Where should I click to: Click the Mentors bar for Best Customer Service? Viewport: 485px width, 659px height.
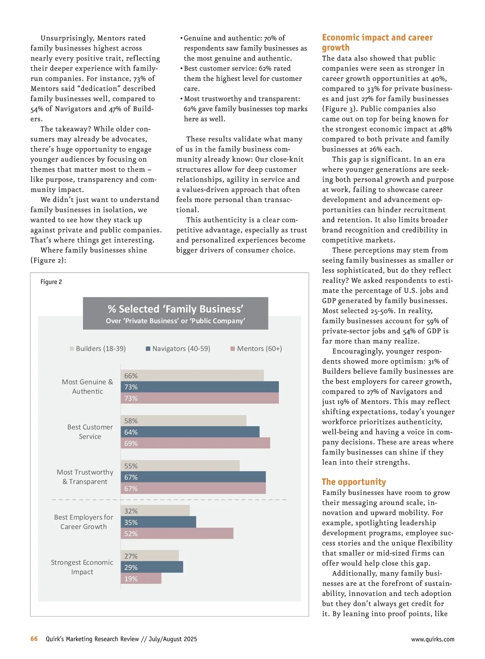[x=195, y=443]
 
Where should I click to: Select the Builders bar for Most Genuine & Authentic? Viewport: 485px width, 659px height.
[x=192, y=375]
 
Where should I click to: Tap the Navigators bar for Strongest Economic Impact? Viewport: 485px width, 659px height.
[x=152, y=567]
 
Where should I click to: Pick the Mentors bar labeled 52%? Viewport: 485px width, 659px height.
[x=177, y=533]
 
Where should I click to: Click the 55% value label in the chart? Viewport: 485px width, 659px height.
[x=131, y=466]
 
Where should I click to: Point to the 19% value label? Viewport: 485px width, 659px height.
[x=131, y=579]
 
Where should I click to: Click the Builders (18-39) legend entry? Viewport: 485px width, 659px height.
[x=98, y=348]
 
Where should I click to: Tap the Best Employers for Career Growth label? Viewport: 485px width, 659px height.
[x=84, y=522]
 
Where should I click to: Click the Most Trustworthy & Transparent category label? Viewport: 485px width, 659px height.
[x=85, y=477]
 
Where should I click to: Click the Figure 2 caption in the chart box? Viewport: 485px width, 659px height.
[x=51, y=282]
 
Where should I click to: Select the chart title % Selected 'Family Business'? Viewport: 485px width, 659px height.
[x=175, y=309]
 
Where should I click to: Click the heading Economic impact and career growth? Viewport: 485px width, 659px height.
[x=377, y=42]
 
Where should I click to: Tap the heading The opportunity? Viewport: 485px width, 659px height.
[x=354, y=482]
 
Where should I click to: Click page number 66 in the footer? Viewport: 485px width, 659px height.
[x=34, y=639]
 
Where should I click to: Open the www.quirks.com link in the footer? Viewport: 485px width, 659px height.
[x=432, y=639]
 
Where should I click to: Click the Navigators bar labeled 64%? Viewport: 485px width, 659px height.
[x=190, y=432]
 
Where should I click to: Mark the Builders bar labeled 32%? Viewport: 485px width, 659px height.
[x=155, y=511]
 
